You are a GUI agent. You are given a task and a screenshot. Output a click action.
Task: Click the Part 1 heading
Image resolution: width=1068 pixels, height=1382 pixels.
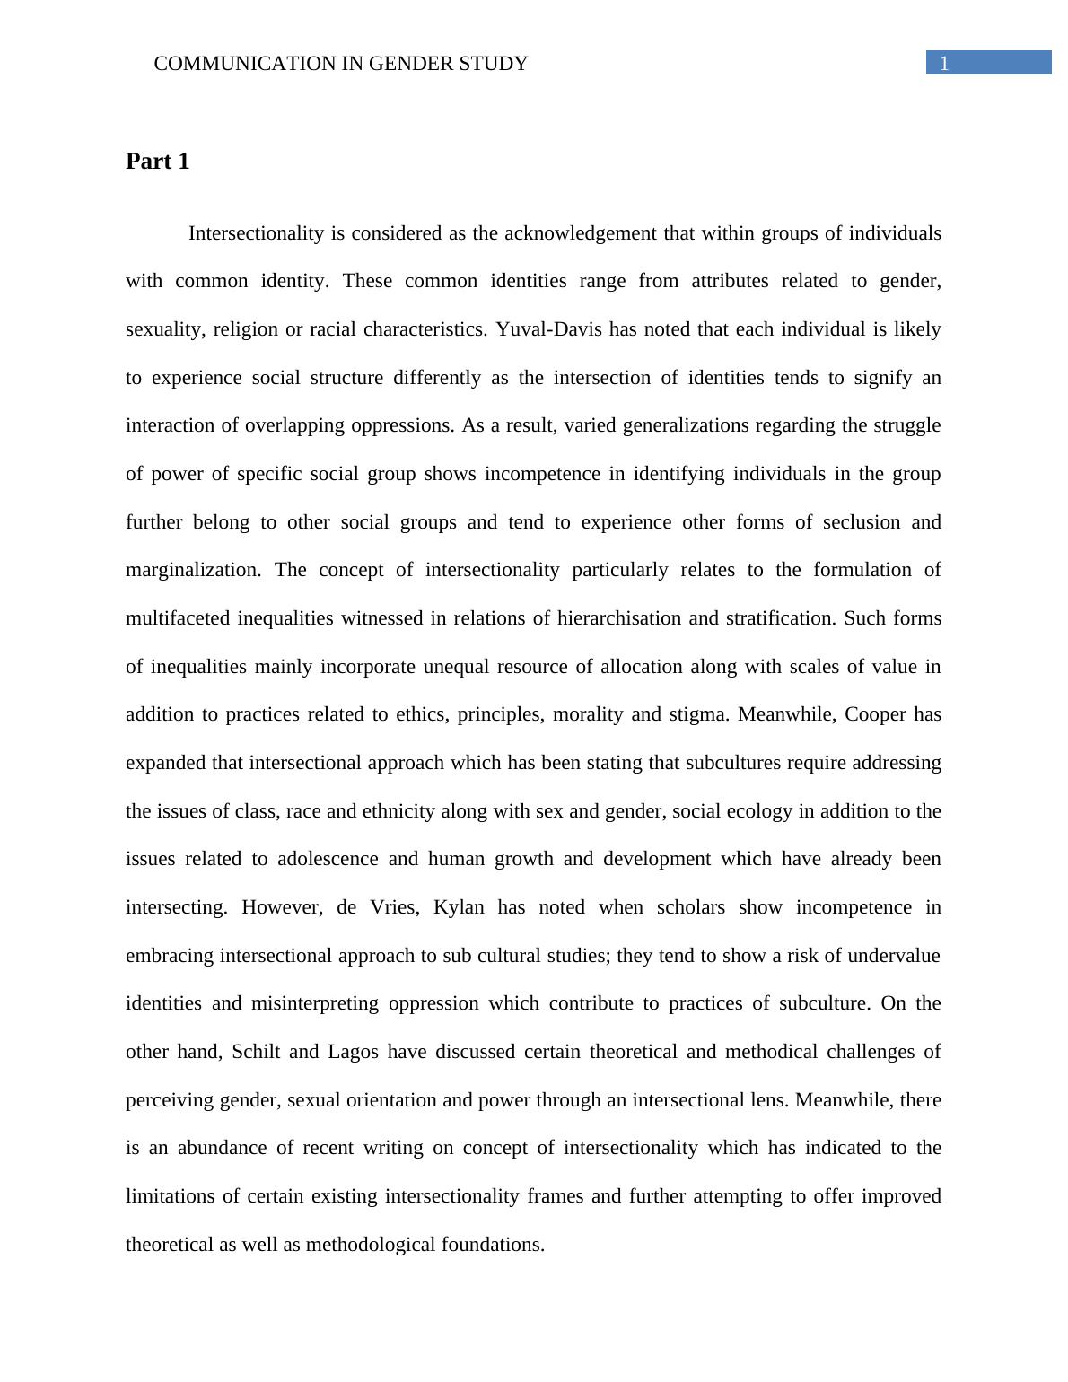point(158,162)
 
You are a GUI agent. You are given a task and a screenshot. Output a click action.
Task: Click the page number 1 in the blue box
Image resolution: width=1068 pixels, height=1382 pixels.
point(944,63)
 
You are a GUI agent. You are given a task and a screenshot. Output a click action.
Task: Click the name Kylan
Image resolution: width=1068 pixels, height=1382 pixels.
point(459,907)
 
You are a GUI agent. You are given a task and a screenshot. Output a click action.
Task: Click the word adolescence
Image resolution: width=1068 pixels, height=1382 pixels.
point(328,859)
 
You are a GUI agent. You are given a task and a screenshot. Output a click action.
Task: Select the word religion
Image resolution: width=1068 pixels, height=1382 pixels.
point(244,329)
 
